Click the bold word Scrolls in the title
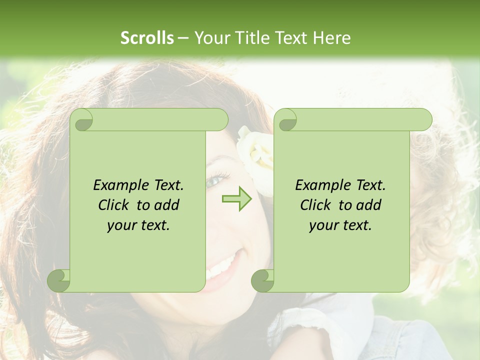[147, 38]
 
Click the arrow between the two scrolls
[237, 198]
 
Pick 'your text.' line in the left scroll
[138, 225]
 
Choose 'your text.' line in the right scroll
[340, 225]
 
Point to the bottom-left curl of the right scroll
[262, 280]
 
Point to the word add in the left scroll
[166, 205]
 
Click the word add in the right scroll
[368, 205]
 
